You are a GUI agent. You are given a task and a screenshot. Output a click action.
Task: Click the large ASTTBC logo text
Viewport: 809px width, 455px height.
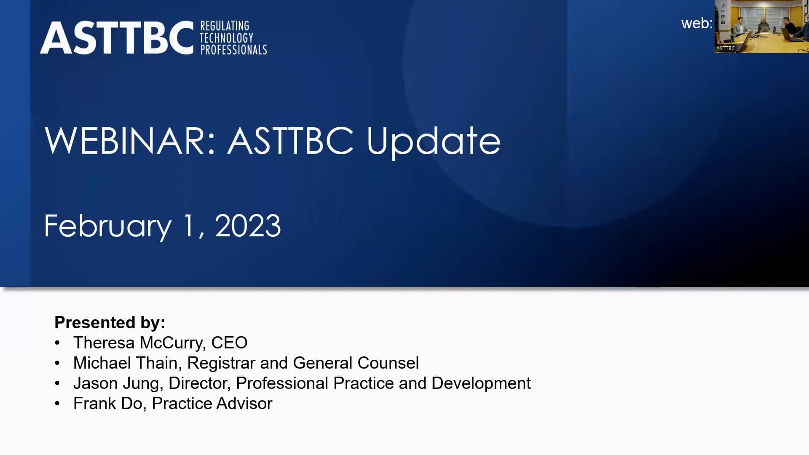coord(117,38)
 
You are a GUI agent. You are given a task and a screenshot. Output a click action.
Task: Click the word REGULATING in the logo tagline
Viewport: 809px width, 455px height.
coord(225,26)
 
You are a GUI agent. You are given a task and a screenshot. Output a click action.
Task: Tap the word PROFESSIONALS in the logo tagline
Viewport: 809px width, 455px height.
coord(233,50)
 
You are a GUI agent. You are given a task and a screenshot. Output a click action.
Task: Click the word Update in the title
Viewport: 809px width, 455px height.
coord(434,141)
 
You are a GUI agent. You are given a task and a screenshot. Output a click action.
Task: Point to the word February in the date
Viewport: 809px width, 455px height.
coord(108,227)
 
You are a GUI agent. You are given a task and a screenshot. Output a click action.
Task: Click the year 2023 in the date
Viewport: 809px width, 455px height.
coord(248,226)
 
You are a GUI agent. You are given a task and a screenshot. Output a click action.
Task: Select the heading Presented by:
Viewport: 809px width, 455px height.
coord(110,322)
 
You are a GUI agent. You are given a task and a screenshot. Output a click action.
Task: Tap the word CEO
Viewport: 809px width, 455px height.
coord(229,343)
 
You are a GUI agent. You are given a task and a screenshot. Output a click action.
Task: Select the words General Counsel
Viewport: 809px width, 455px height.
coord(356,363)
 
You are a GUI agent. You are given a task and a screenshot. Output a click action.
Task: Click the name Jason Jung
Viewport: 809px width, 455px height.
coord(116,383)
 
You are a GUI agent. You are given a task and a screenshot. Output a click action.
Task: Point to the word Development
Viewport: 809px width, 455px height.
coord(481,383)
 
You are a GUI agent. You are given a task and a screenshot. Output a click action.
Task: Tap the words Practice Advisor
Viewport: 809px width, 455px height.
coord(212,403)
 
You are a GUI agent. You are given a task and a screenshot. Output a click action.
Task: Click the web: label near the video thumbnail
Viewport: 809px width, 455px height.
coord(696,24)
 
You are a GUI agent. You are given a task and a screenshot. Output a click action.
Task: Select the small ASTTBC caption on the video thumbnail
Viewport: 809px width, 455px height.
coord(725,48)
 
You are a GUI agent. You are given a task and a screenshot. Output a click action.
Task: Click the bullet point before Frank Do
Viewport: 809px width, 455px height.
coord(57,404)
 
